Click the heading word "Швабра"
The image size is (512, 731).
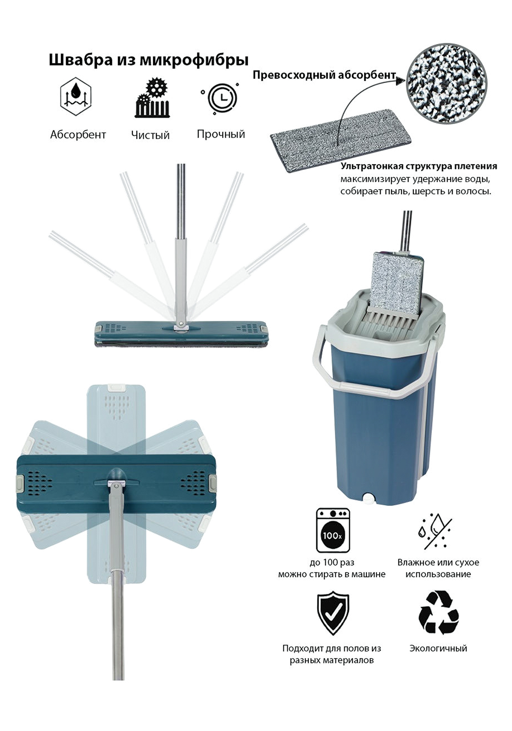pyautogui.click(x=81, y=60)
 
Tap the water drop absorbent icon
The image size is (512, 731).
pyautogui.click(x=76, y=96)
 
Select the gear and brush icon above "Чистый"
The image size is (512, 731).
pyautogui.click(x=152, y=97)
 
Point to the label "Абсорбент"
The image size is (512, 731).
pyautogui.click(x=78, y=134)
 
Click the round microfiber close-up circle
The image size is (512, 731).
pyautogui.click(x=446, y=83)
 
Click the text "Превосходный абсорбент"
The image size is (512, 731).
pyautogui.click(x=324, y=75)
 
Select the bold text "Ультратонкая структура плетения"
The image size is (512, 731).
pyautogui.click(x=419, y=166)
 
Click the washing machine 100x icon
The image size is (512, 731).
pyautogui.click(x=333, y=530)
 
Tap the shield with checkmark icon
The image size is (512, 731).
pyautogui.click(x=333, y=613)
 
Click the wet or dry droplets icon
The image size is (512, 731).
pyautogui.click(x=435, y=531)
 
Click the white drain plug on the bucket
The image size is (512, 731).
pyautogui.click(x=368, y=497)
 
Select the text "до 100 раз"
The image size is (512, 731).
pyautogui.click(x=332, y=562)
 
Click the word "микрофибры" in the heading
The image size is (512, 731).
pyautogui.click(x=194, y=60)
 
